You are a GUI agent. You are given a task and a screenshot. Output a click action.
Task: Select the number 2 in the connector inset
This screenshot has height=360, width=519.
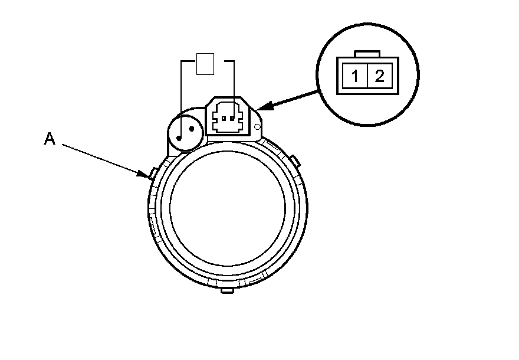pos(379,75)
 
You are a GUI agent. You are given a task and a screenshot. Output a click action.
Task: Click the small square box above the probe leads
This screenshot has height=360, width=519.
pos(205,64)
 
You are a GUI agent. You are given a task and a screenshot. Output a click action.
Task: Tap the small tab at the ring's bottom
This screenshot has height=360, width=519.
pos(226,291)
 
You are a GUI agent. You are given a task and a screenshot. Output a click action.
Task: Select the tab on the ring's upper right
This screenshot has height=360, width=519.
pos(294,160)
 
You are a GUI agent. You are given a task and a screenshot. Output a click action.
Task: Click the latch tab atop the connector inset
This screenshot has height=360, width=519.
pos(367,54)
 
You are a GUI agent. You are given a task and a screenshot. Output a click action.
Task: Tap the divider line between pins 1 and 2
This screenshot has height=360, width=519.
pos(367,76)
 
